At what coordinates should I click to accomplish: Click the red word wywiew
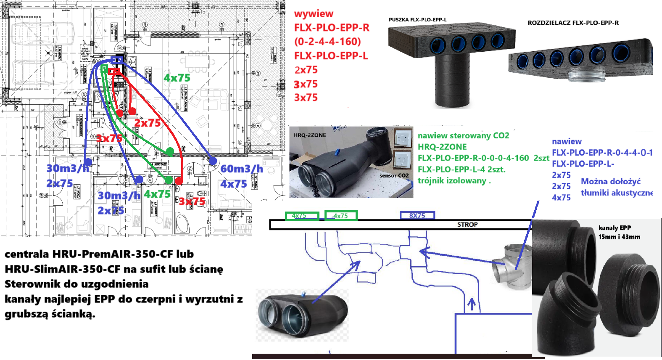pyautogui.click(x=314, y=14)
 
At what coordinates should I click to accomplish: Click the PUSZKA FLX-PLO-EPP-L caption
pyautogui.click(x=417, y=20)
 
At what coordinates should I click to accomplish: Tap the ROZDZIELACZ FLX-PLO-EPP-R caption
pyautogui.click(x=573, y=23)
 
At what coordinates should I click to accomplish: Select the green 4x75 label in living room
pyautogui.click(x=177, y=78)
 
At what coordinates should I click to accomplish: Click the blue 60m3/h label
pyautogui.click(x=242, y=169)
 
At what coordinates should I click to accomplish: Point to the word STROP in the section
pyautogui.click(x=467, y=225)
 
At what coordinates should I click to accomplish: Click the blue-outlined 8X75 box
pyautogui.click(x=417, y=216)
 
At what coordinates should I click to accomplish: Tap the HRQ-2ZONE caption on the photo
pyautogui.click(x=310, y=135)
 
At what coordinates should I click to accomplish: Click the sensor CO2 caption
pyautogui.click(x=394, y=176)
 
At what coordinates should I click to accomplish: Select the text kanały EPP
pyautogui.click(x=615, y=228)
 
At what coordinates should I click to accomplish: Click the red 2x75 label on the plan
pyautogui.click(x=148, y=123)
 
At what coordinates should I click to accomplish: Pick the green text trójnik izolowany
pyautogui.click(x=454, y=181)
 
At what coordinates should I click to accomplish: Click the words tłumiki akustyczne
pyautogui.click(x=617, y=193)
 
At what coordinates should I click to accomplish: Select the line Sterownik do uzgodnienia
pyautogui.click(x=76, y=284)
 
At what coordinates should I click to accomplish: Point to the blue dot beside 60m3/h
pyautogui.click(x=213, y=161)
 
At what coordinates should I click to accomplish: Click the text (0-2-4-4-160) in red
pyautogui.click(x=327, y=42)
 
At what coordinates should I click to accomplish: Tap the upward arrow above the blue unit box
pyautogui.click(x=471, y=304)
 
